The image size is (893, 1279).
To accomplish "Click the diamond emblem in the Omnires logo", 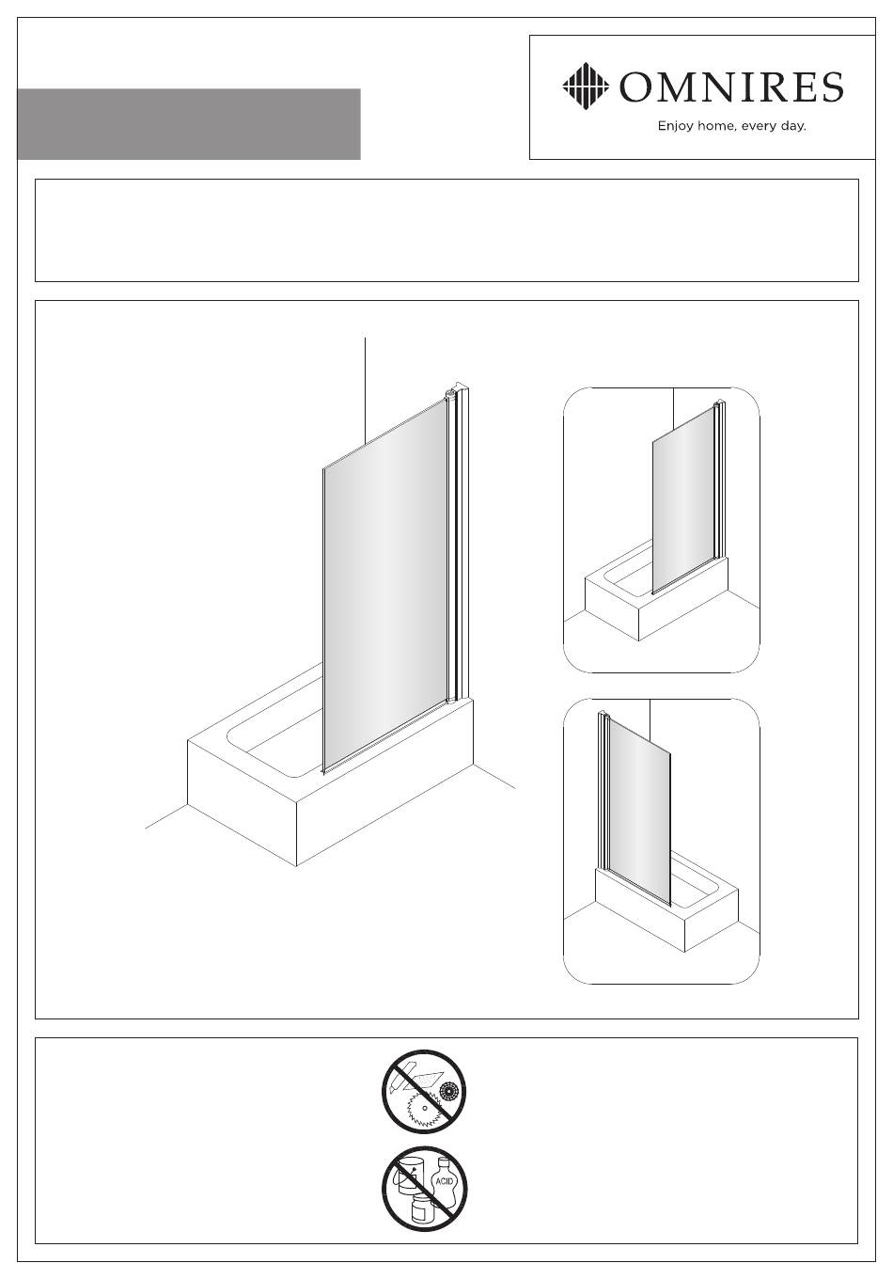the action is (586, 86).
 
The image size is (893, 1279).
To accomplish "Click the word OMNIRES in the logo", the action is (731, 87).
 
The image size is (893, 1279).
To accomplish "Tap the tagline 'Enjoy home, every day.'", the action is (731, 126).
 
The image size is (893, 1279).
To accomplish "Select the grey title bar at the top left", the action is (189, 124).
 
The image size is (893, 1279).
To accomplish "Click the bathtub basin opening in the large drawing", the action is (274, 736).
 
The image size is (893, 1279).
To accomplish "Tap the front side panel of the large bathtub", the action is (384, 813).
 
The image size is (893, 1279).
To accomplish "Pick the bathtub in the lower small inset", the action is (666, 908).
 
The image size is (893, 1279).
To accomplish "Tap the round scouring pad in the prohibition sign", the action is (449, 1091).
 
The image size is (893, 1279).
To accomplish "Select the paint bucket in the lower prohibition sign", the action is (408, 1176).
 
